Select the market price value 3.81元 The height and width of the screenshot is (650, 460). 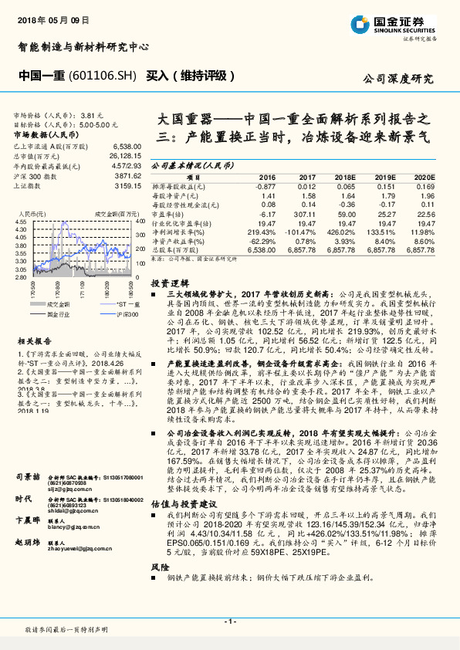(x=91, y=113)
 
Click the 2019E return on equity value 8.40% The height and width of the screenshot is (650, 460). (x=384, y=241)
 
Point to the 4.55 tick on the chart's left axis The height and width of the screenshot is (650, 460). (x=20, y=222)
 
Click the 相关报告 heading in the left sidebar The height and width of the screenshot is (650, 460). (x=34, y=340)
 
